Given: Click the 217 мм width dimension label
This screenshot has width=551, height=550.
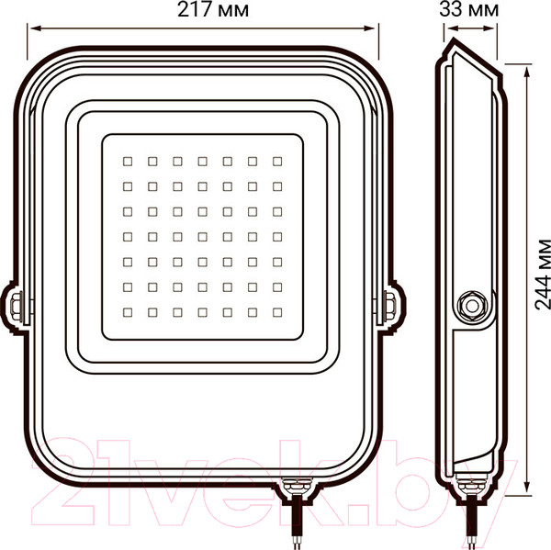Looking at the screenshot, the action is pyautogui.click(x=213, y=10).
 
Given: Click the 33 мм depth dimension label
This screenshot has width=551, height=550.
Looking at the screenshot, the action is pyautogui.click(x=468, y=10).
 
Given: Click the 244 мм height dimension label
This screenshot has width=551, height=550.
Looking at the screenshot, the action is pyautogui.click(x=543, y=275).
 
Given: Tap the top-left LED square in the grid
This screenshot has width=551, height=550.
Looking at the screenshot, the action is pyautogui.click(x=128, y=162).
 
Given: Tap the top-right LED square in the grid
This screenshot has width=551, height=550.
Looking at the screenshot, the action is pyautogui.click(x=277, y=162).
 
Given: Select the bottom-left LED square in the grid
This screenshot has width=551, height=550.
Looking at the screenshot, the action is pyautogui.click(x=128, y=312).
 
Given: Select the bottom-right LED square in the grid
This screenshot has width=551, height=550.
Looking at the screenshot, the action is pyautogui.click(x=277, y=312).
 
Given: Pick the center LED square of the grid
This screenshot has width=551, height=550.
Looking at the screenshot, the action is pyautogui.click(x=202, y=237).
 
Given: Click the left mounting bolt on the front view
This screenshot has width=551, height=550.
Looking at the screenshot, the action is pyautogui.click(x=16, y=308).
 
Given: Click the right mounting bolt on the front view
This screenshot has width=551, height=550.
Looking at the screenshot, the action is pyautogui.click(x=389, y=307).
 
